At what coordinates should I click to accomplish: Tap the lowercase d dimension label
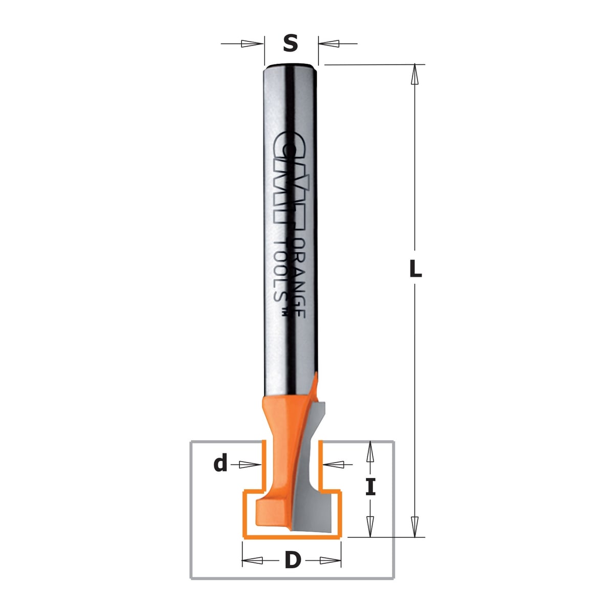click(221, 464)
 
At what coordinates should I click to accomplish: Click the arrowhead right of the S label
click(329, 43)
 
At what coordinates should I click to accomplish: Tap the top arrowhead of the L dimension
click(414, 75)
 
